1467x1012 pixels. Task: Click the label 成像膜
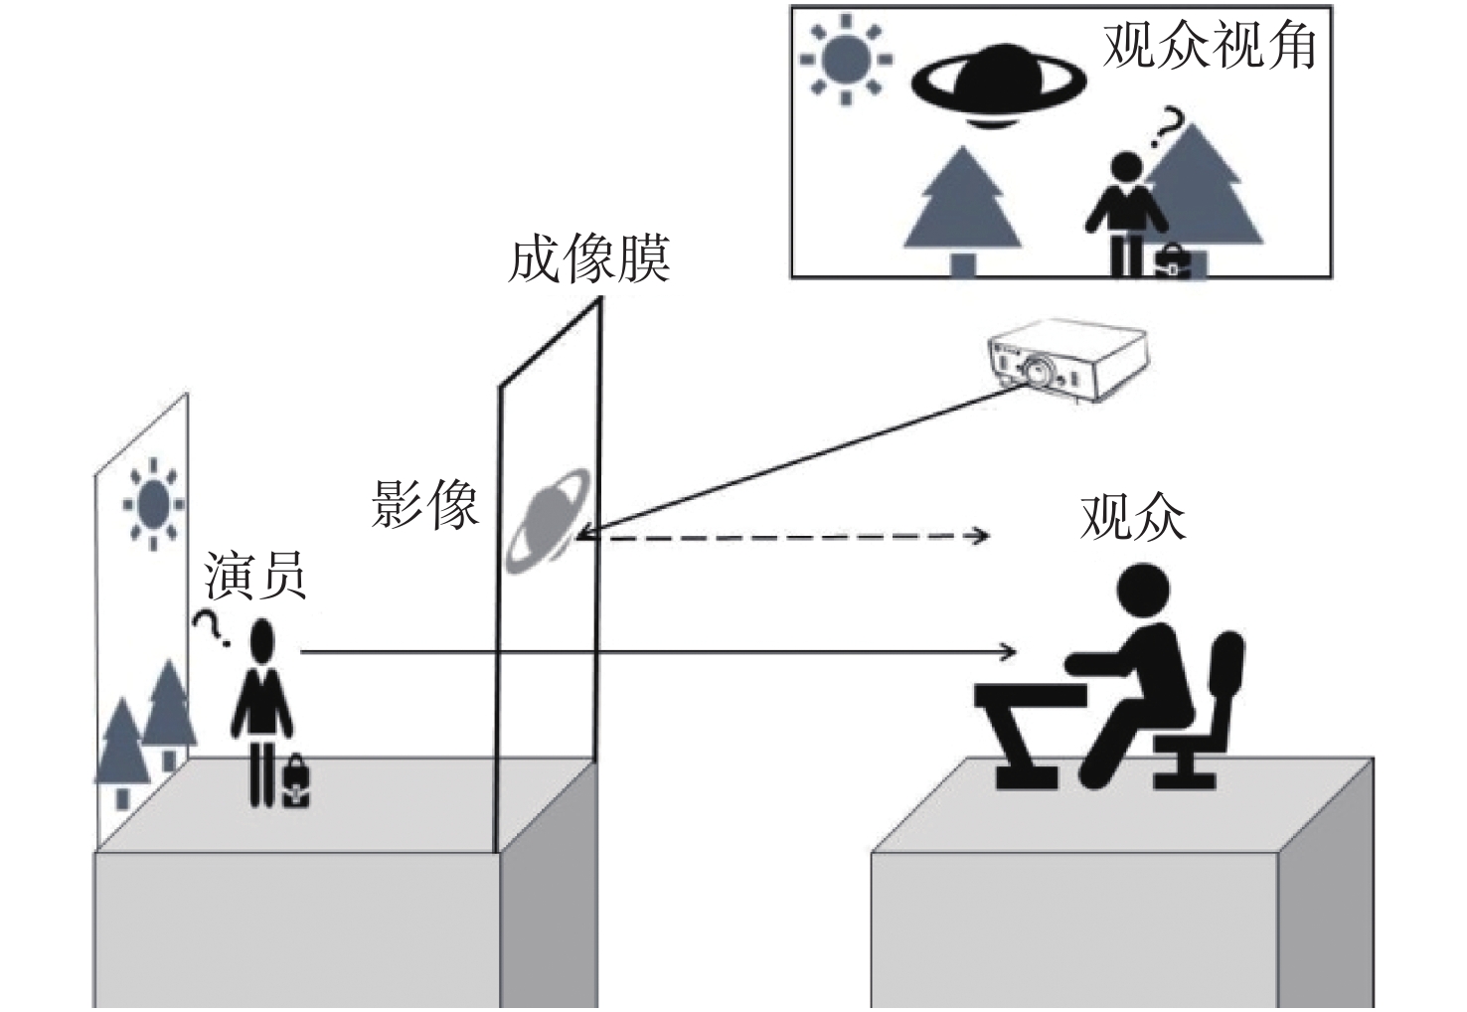click(x=588, y=259)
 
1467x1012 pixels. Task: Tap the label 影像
click(x=425, y=504)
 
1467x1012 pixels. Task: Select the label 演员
click(x=255, y=577)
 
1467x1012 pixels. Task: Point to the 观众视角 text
click(x=1210, y=45)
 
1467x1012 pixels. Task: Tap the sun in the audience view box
click(x=846, y=60)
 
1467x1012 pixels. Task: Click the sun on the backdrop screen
click(x=153, y=504)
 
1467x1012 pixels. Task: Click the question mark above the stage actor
click(x=210, y=627)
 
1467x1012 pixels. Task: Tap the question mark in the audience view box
click(x=1168, y=130)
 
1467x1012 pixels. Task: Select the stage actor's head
click(x=261, y=642)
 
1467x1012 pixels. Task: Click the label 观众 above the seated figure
click(x=1132, y=517)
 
